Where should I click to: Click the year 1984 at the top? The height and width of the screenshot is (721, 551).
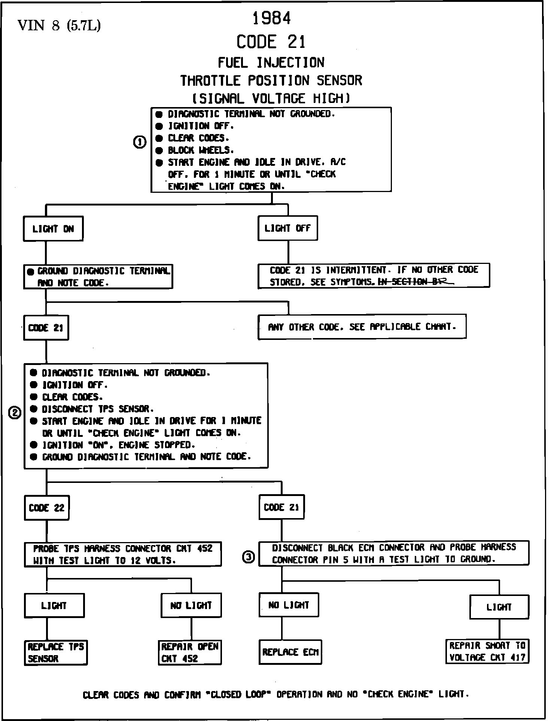click(272, 18)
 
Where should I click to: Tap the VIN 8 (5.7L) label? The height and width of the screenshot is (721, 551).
click(59, 25)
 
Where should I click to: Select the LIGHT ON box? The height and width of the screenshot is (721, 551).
click(53, 229)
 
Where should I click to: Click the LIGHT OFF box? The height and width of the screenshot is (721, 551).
click(287, 228)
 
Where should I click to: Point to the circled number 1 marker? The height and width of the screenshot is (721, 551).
click(140, 142)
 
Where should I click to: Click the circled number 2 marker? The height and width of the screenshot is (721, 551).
click(15, 413)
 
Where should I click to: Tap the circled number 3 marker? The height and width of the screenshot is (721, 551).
click(249, 557)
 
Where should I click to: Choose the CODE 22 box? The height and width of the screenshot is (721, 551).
click(47, 508)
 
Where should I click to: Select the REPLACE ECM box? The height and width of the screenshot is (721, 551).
click(290, 652)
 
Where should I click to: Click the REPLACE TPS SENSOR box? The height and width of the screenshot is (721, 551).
click(56, 652)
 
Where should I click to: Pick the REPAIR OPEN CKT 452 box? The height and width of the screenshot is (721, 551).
click(190, 652)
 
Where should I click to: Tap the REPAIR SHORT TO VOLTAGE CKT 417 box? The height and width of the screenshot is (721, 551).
click(487, 651)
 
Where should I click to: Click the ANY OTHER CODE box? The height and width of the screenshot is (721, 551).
click(362, 327)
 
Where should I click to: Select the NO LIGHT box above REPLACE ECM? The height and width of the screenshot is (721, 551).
click(289, 605)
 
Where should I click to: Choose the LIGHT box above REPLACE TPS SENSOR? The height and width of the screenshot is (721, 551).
click(54, 605)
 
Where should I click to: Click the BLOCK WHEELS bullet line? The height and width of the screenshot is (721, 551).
click(200, 150)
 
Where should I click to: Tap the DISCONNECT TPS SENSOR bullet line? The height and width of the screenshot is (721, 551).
click(97, 409)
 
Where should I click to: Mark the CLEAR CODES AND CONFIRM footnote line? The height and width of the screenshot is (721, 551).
click(275, 695)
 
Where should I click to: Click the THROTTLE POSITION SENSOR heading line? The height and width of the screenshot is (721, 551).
click(271, 80)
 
